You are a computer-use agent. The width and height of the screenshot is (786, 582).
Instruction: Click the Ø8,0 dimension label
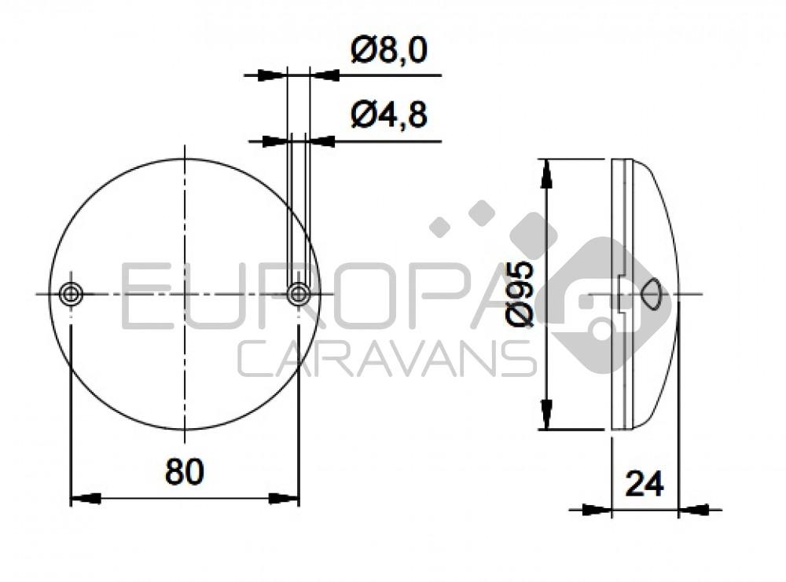pyautogui.click(x=389, y=51)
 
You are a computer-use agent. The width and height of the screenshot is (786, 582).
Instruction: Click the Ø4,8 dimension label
pyautogui.click(x=389, y=116)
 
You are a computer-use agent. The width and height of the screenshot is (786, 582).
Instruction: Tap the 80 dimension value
pyautogui.click(x=185, y=471)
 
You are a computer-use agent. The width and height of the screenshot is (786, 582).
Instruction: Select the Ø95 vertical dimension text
pyautogui.click(x=521, y=294)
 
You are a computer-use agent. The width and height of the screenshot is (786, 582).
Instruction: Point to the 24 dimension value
pyautogui.click(x=645, y=484)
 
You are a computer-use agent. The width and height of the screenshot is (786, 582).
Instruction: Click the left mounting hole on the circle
pyautogui.click(x=72, y=295)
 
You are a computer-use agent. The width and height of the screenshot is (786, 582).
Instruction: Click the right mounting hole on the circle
pyautogui.click(x=299, y=295)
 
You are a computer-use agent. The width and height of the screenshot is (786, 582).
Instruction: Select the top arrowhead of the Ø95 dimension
pyautogui.click(x=547, y=173)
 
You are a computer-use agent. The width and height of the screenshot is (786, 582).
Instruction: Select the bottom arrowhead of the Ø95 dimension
pyautogui.click(x=547, y=415)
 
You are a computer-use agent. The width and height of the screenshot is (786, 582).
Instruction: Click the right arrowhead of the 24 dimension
pyautogui.click(x=692, y=510)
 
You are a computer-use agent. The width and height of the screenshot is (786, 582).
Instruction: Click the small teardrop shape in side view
pyautogui.click(x=651, y=295)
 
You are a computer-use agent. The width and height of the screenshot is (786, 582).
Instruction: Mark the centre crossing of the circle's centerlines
pyautogui.click(x=185, y=295)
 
